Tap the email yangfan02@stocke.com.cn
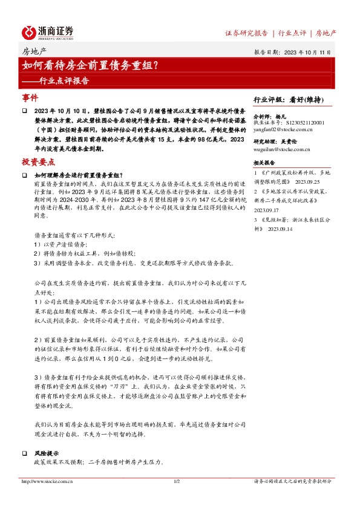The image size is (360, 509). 283,129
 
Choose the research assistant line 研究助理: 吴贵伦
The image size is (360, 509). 273,141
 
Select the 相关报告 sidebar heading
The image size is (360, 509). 264,163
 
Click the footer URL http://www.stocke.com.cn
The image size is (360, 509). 47,481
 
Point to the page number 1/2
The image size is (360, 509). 177,481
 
